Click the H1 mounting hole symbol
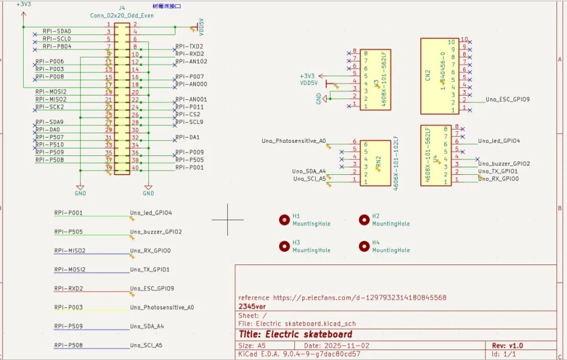pyautogui.click(x=284, y=220)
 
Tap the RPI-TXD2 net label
pyautogui.click(x=189, y=46)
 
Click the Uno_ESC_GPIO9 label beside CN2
pyautogui.click(x=507, y=99)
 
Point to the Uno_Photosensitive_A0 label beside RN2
pyautogui.click(x=293, y=141)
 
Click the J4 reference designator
pyautogui.click(x=122, y=8)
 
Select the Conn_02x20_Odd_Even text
pyautogui.click(x=122, y=16)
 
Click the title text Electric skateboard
pyautogui.click(x=296, y=334)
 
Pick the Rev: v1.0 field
pyautogui.click(x=507, y=346)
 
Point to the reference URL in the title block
pyautogui.click(x=342, y=298)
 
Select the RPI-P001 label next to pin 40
pyautogui.click(x=189, y=167)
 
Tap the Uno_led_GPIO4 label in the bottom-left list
pyautogui.click(x=151, y=213)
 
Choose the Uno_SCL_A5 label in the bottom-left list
pyautogui.click(x=146, y=345)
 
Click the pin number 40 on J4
pyautogui.click(x=135, y=168)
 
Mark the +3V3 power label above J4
pyautogui.click(x=24, y=4)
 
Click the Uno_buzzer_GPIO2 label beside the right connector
pyautogui.click(x=504, y=164)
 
